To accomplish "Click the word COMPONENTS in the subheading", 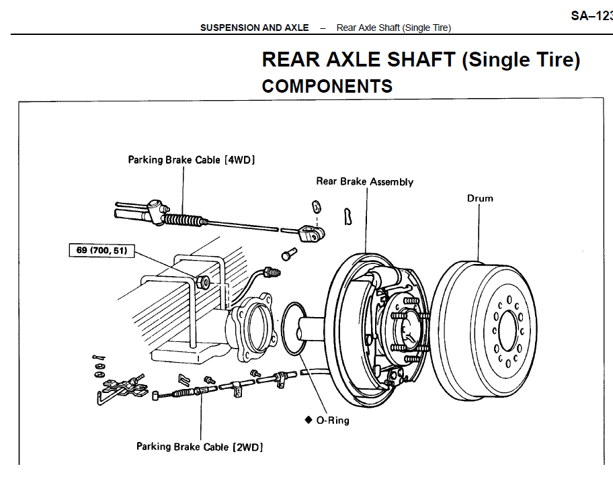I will tap(327, 87).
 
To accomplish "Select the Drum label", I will tap(480, 198).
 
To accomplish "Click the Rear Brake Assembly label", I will tap(364, 181).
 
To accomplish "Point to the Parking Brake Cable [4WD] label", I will tap(192, 160).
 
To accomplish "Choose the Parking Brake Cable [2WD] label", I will tap(199, 446).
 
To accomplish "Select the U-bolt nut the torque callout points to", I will tap(203, 279).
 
